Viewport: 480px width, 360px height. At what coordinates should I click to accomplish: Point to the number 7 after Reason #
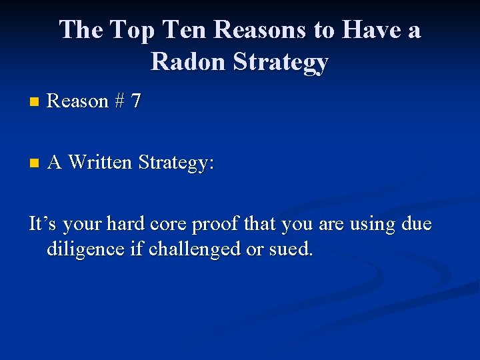click(136, 101)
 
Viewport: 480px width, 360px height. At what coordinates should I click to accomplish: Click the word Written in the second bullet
click(101, 163)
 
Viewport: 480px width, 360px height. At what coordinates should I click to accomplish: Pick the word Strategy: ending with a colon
click(176, 163)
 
